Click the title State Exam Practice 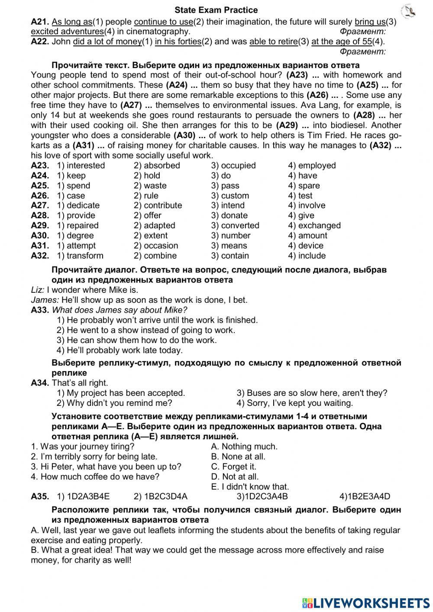(216, 10)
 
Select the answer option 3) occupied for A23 (233, 165)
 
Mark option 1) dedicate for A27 (78, 205)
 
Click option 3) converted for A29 (235, 225)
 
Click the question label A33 (40, 310)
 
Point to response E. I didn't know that (250, 486)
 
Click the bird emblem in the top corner (408, 11)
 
